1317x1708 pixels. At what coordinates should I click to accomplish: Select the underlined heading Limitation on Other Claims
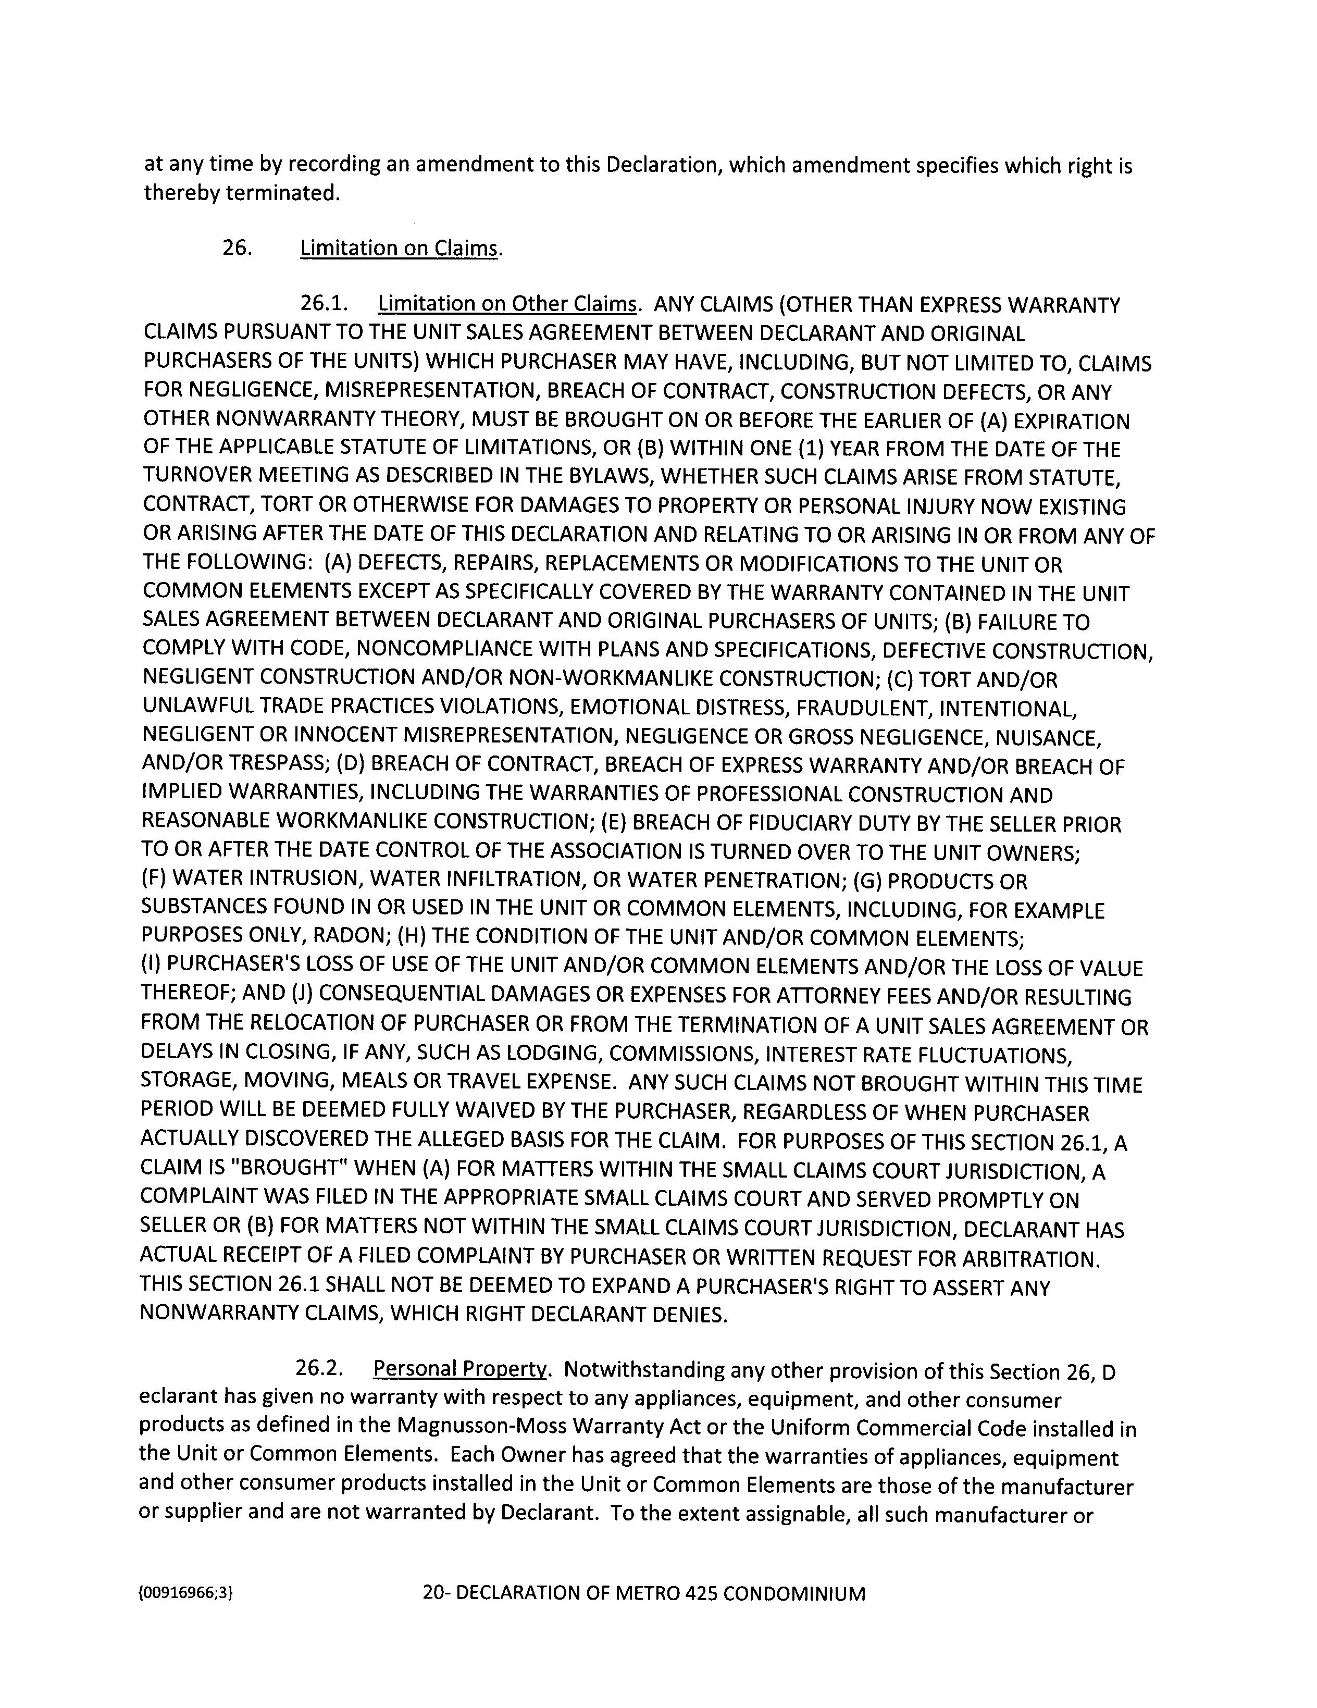coord(507,304)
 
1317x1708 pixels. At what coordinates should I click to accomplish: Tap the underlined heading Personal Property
coord(460,1369)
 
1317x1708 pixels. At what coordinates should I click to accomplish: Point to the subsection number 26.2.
coord(320,1369)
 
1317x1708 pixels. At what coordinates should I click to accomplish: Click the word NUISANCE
coord(1053,737)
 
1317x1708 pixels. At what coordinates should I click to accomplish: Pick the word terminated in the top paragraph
coord(283,193)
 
